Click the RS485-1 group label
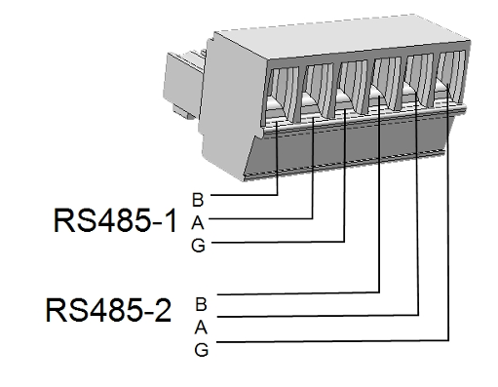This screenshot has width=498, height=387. click(115, 220)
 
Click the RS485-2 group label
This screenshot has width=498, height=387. click(108, 310)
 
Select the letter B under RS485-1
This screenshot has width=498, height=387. click(198, 200)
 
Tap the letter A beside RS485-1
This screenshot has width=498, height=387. click(198, 223)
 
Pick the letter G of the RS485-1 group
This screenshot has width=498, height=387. click(198, 246)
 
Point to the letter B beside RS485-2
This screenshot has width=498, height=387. click(201, 304)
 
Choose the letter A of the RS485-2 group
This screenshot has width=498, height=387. click(201, 328)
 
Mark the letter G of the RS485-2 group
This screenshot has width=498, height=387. click(202, 350)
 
